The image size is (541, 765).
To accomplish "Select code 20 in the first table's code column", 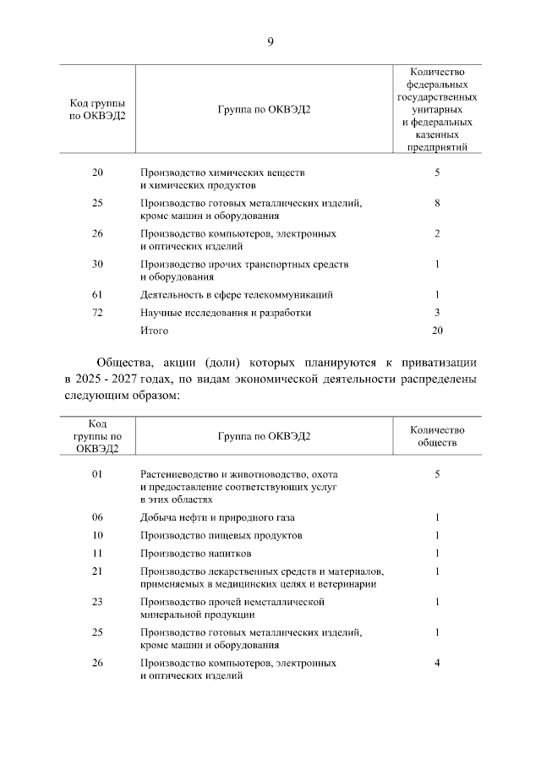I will coord(97,172).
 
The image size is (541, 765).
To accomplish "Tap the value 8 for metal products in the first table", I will coord(437,203).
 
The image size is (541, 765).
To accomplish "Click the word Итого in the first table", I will coord(155,330).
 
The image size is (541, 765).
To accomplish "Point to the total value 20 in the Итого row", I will coord(437,330).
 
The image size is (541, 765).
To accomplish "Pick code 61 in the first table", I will coord(97,294).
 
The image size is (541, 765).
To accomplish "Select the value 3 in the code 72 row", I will coord(437,313).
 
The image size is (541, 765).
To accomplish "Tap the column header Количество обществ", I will coord(437,435).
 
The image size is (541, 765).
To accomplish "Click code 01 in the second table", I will coord(97,475).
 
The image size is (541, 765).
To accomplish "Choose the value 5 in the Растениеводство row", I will coord(437,475).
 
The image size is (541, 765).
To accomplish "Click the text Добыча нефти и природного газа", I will coord(217,517).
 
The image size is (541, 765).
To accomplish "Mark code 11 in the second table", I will coord(97,554).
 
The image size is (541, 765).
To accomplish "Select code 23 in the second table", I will coord(97,602).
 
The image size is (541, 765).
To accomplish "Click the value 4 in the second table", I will coord(437,663).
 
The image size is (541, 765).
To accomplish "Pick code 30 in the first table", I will coord(97,264).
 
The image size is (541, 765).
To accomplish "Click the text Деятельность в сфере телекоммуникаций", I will coord(236,294).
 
